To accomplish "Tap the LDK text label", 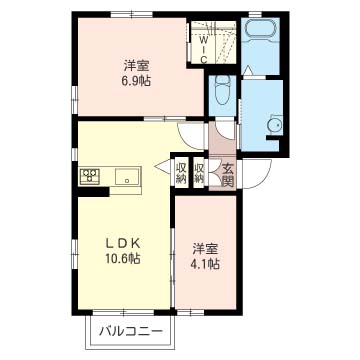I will click(x=123, y=241).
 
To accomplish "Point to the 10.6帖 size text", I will click(x=123, y=258).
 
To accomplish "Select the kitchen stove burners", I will click(x=89, y=177).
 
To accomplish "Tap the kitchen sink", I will click(x=129, y=177).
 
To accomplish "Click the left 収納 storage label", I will click(x=181, y=173).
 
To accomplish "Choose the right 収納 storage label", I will click(x=200, y=173).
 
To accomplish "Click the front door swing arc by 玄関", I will click(x=251, y=179).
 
